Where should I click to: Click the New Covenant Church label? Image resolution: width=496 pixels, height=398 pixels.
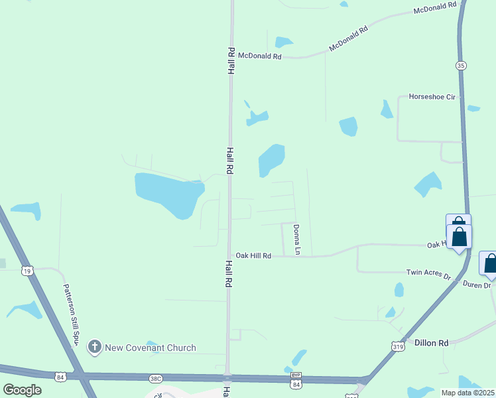tap(151, 348)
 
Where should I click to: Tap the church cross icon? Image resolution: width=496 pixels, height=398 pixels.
tap(95, 347)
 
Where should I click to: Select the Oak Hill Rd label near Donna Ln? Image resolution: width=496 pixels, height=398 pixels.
tap(253, 255)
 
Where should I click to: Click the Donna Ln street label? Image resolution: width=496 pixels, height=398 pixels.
tap(297, 239)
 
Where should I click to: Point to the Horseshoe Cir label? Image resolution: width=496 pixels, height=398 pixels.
tap(432, 97)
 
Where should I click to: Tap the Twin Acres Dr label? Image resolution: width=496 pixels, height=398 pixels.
tap(428, 273)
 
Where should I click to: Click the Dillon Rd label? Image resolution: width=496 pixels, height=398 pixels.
tap(431, 343)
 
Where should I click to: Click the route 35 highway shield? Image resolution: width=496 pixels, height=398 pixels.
tap(460, 65)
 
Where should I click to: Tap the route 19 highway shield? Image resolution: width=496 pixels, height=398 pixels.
tap(27, 270)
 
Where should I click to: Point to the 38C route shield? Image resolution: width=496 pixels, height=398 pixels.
tap(155, 379)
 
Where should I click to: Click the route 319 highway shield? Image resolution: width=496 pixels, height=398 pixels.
tap(398, 346)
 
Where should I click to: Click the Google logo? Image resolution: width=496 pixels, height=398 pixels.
tap(22, 390)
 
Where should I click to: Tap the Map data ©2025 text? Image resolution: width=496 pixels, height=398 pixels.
tap(467, 393)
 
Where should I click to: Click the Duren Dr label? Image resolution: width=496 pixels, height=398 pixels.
tap(475, 285)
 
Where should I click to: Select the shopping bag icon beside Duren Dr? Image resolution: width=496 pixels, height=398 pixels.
tap(490, 264)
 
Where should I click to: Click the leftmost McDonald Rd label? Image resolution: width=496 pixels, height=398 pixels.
tap(260, 56)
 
